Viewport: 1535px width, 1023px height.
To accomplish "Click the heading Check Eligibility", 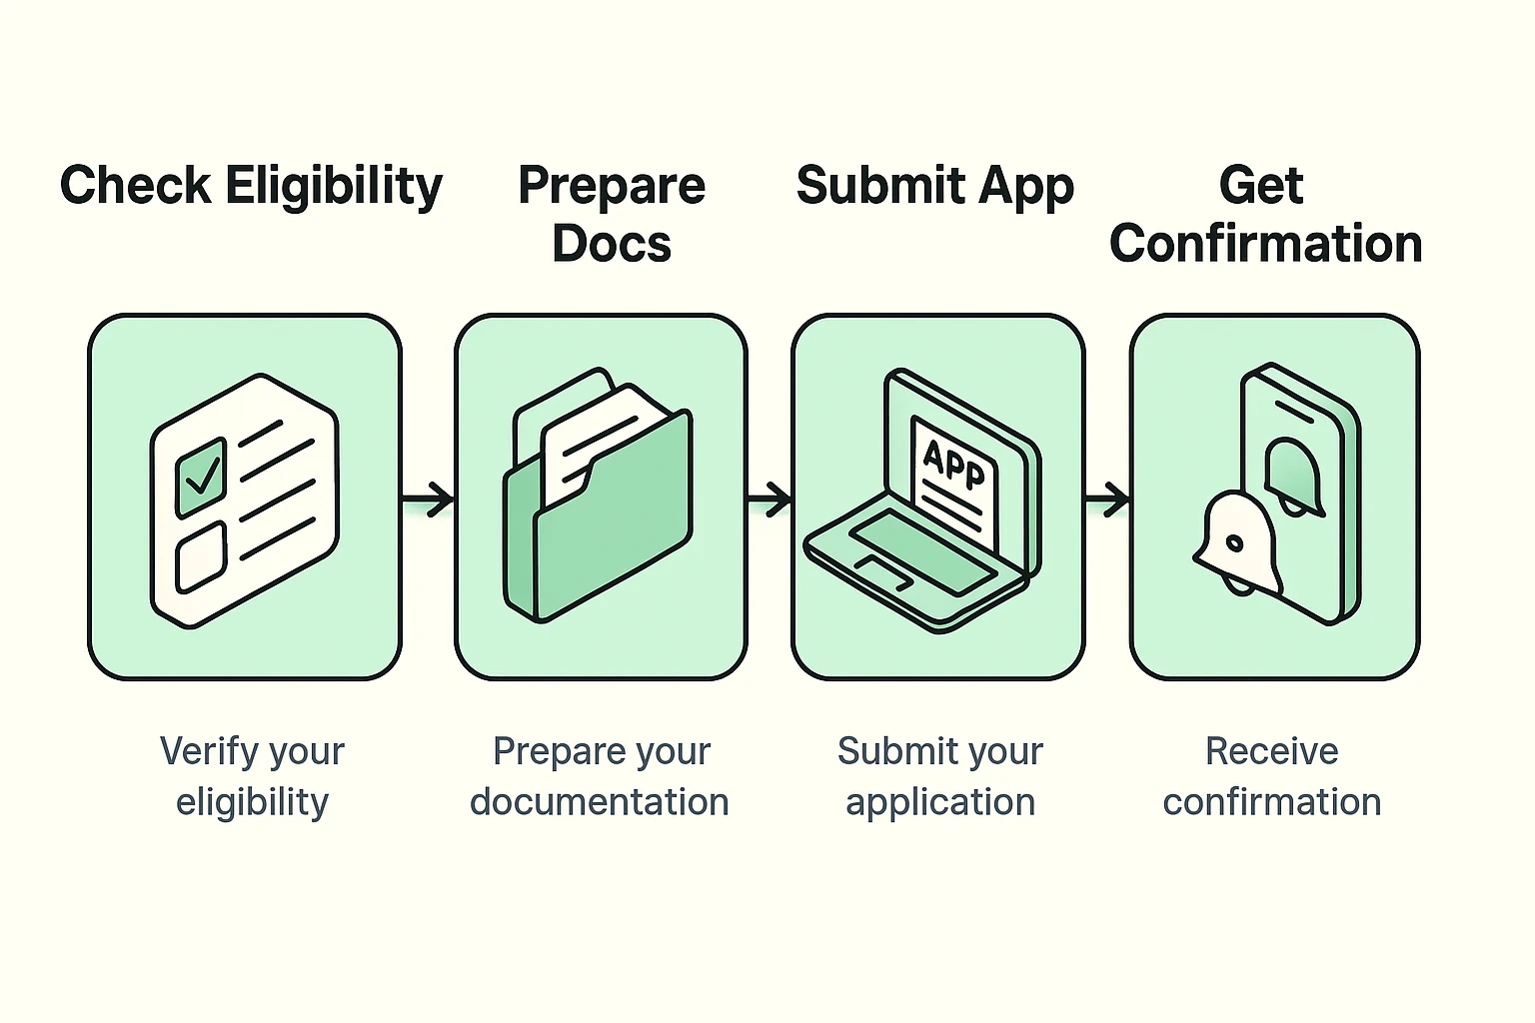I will click(251, 186).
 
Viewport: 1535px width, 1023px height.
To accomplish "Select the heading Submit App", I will click(934, 186).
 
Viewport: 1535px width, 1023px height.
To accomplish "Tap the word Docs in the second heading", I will click(612, 244).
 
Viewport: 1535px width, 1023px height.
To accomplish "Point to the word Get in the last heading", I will click(1261, 186).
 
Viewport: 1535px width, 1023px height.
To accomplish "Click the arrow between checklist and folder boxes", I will click(428, 498).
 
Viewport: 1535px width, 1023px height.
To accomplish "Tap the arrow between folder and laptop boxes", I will click(768, 498).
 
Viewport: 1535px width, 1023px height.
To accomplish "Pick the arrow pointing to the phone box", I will click(1107, 498).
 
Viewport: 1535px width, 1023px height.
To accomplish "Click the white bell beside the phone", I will click(1237, 543).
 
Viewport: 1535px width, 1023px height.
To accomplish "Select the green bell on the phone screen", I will click(1293, 477).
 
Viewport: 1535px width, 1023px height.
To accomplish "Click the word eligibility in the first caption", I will click(252, 802).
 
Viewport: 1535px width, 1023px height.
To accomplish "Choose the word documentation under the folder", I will click(600, 802).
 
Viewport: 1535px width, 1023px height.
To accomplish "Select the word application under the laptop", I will click(940, 802).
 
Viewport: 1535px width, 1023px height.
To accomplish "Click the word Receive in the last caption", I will click(1271, 751).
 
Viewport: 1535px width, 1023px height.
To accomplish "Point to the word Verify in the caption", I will click(205, 751).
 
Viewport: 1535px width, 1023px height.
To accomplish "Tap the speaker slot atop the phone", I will click(1293, 410).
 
